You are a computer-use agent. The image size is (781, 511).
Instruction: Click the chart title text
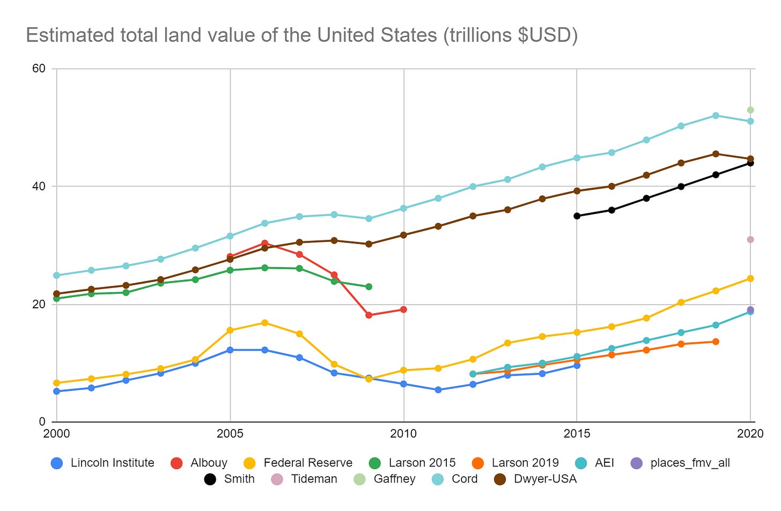(x=301, y=35)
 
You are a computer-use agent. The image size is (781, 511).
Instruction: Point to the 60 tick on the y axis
(x=39, y=69)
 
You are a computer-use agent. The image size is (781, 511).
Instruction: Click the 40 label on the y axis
(x=39, y=186)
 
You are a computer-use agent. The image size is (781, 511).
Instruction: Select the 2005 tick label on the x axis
(x=230, y=434)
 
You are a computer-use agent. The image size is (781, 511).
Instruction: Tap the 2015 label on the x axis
(x=577, y=434)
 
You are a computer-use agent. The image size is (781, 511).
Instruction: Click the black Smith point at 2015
(x=577, y=216)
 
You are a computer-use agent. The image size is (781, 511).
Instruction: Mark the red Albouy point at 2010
(x=403, y=309)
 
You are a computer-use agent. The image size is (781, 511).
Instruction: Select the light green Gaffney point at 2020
(x=750, y=110)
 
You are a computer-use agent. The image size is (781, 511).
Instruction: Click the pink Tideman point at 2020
(x=750, y=239)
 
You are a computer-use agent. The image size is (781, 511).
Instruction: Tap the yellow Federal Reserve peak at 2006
(x=264, y=322)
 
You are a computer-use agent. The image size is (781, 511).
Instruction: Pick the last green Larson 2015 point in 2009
(x=369, y=286)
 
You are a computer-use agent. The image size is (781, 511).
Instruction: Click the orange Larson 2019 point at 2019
(x=716, y=342)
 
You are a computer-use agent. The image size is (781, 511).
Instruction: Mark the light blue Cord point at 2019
(x=716, y=115)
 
